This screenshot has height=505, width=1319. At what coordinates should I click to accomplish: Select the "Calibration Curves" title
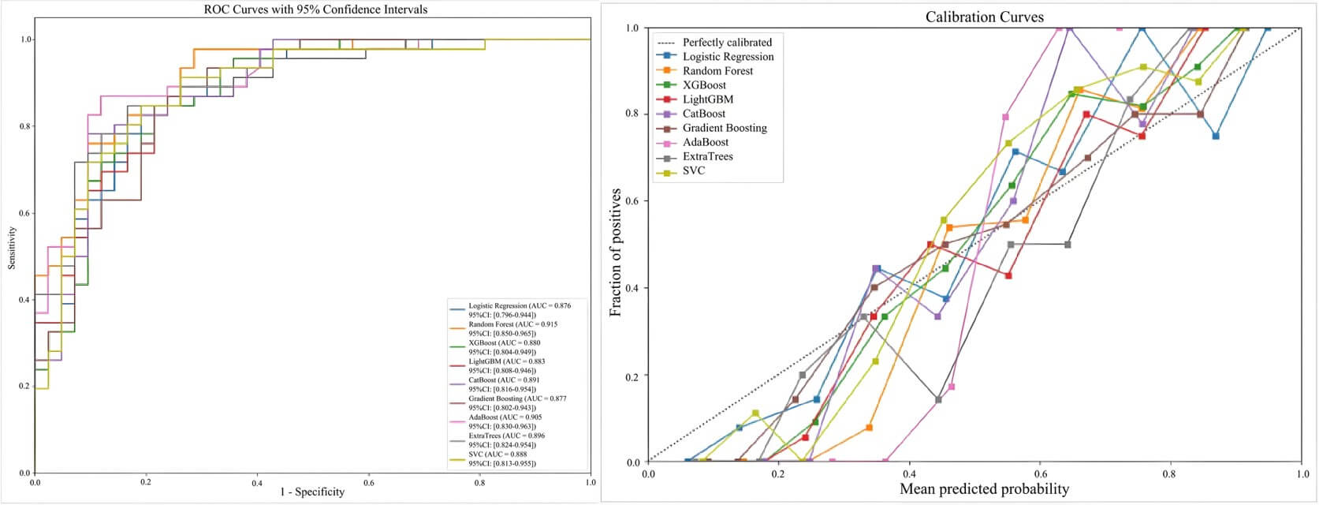[x=984, y=17]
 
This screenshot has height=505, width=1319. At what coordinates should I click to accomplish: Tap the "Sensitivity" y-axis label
[x=12, y=248]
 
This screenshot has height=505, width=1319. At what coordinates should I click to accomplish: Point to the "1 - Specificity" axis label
[x=312, y=492]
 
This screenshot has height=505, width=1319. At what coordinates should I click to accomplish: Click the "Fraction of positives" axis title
[x=616, y=252]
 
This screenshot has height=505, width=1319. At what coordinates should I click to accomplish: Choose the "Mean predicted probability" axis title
[x=984, y=489]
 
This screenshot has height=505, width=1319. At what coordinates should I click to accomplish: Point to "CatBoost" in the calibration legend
[x=704, y=114]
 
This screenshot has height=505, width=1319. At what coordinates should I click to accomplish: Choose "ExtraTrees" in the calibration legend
[x=707, y=156]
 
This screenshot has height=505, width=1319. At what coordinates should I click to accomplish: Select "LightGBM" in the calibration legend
[x=707, y=99]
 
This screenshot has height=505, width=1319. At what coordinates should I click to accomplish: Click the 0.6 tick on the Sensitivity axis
[x=26, y=213]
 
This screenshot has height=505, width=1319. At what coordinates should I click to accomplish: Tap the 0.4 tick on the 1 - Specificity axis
[x=257, y=481]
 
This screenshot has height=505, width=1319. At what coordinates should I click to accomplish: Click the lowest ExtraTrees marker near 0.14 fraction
[x=938, y=399]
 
